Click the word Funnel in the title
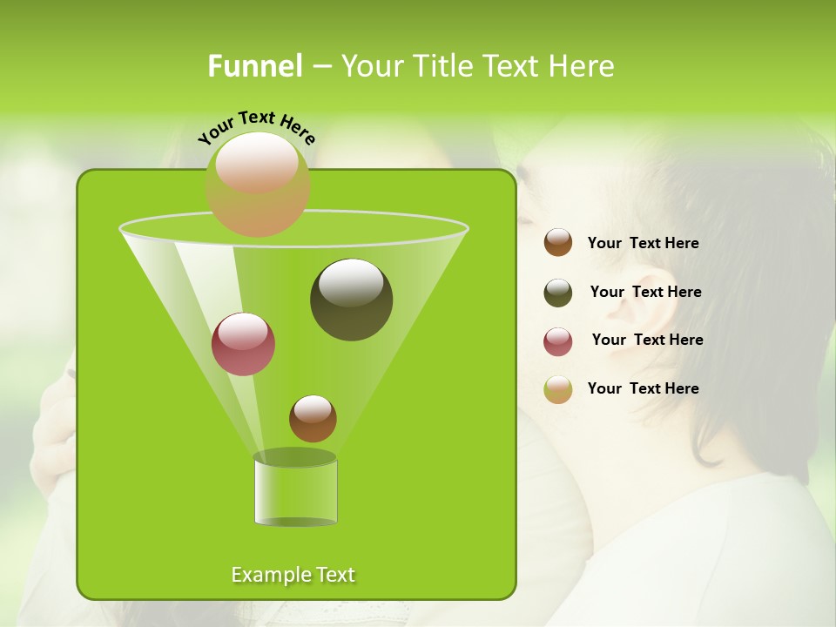click(x=254, y=66)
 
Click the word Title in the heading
click(x=442, y=66)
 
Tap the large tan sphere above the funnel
click(x=257, y=184)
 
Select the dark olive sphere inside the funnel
click(x=351, y=300)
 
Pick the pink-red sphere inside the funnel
click(x=243, y=344)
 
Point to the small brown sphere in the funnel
click(x=313, y=419)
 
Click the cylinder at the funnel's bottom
click(x=295, y=491)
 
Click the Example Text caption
click(x=293, y=575)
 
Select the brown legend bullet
click(x=558, y=243)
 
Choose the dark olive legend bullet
click(x=558, y=293)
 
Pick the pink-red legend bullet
click(x=558, y=341)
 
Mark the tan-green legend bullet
click(x=558, y=389)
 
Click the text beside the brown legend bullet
click(x=643, y=243)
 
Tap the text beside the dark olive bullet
click(x=645, y=292)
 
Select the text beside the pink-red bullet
click(x=647, y=340)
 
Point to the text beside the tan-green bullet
click(x=643, y=388)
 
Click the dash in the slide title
click(x=320, y=66)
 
